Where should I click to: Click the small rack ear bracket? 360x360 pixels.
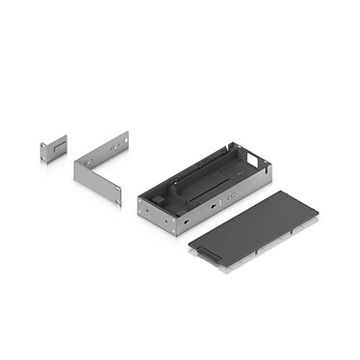click(x=53, y=147)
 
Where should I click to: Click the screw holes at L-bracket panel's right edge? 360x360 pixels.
click(x=118, y=197)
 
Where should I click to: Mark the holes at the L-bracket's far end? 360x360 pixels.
click(x=122, y=141)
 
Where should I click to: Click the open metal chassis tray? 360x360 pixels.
click(x=203, y=189)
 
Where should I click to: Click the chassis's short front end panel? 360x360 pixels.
click(x=158, y=218)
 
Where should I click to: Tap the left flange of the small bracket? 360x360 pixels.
click(x=44, y=151)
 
